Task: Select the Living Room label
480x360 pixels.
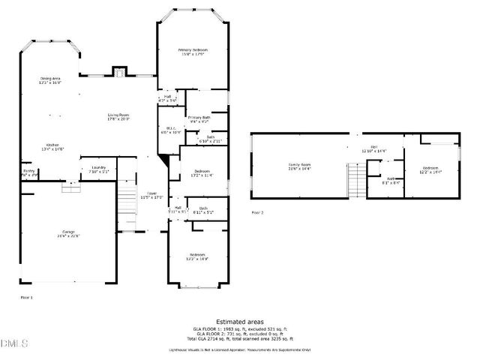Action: pyautogui.click(x=118, y=116)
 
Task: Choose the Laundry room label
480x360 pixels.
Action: pyautogui.click(x=98, y=169)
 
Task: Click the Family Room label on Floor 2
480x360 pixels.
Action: pyautogui.click(x=300, y=166)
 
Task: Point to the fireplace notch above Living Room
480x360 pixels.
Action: pyautogui.click(x=118, y=72)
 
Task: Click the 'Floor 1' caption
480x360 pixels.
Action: pyautogui.click(x=25, y=298)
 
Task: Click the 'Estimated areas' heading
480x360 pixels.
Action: pyautogui.click(x=239, y=320)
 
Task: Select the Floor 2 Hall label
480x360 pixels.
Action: pyautogui.click(x=373, y=148)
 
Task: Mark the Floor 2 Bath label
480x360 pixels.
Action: pyautogui.click(x=391, y=181)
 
